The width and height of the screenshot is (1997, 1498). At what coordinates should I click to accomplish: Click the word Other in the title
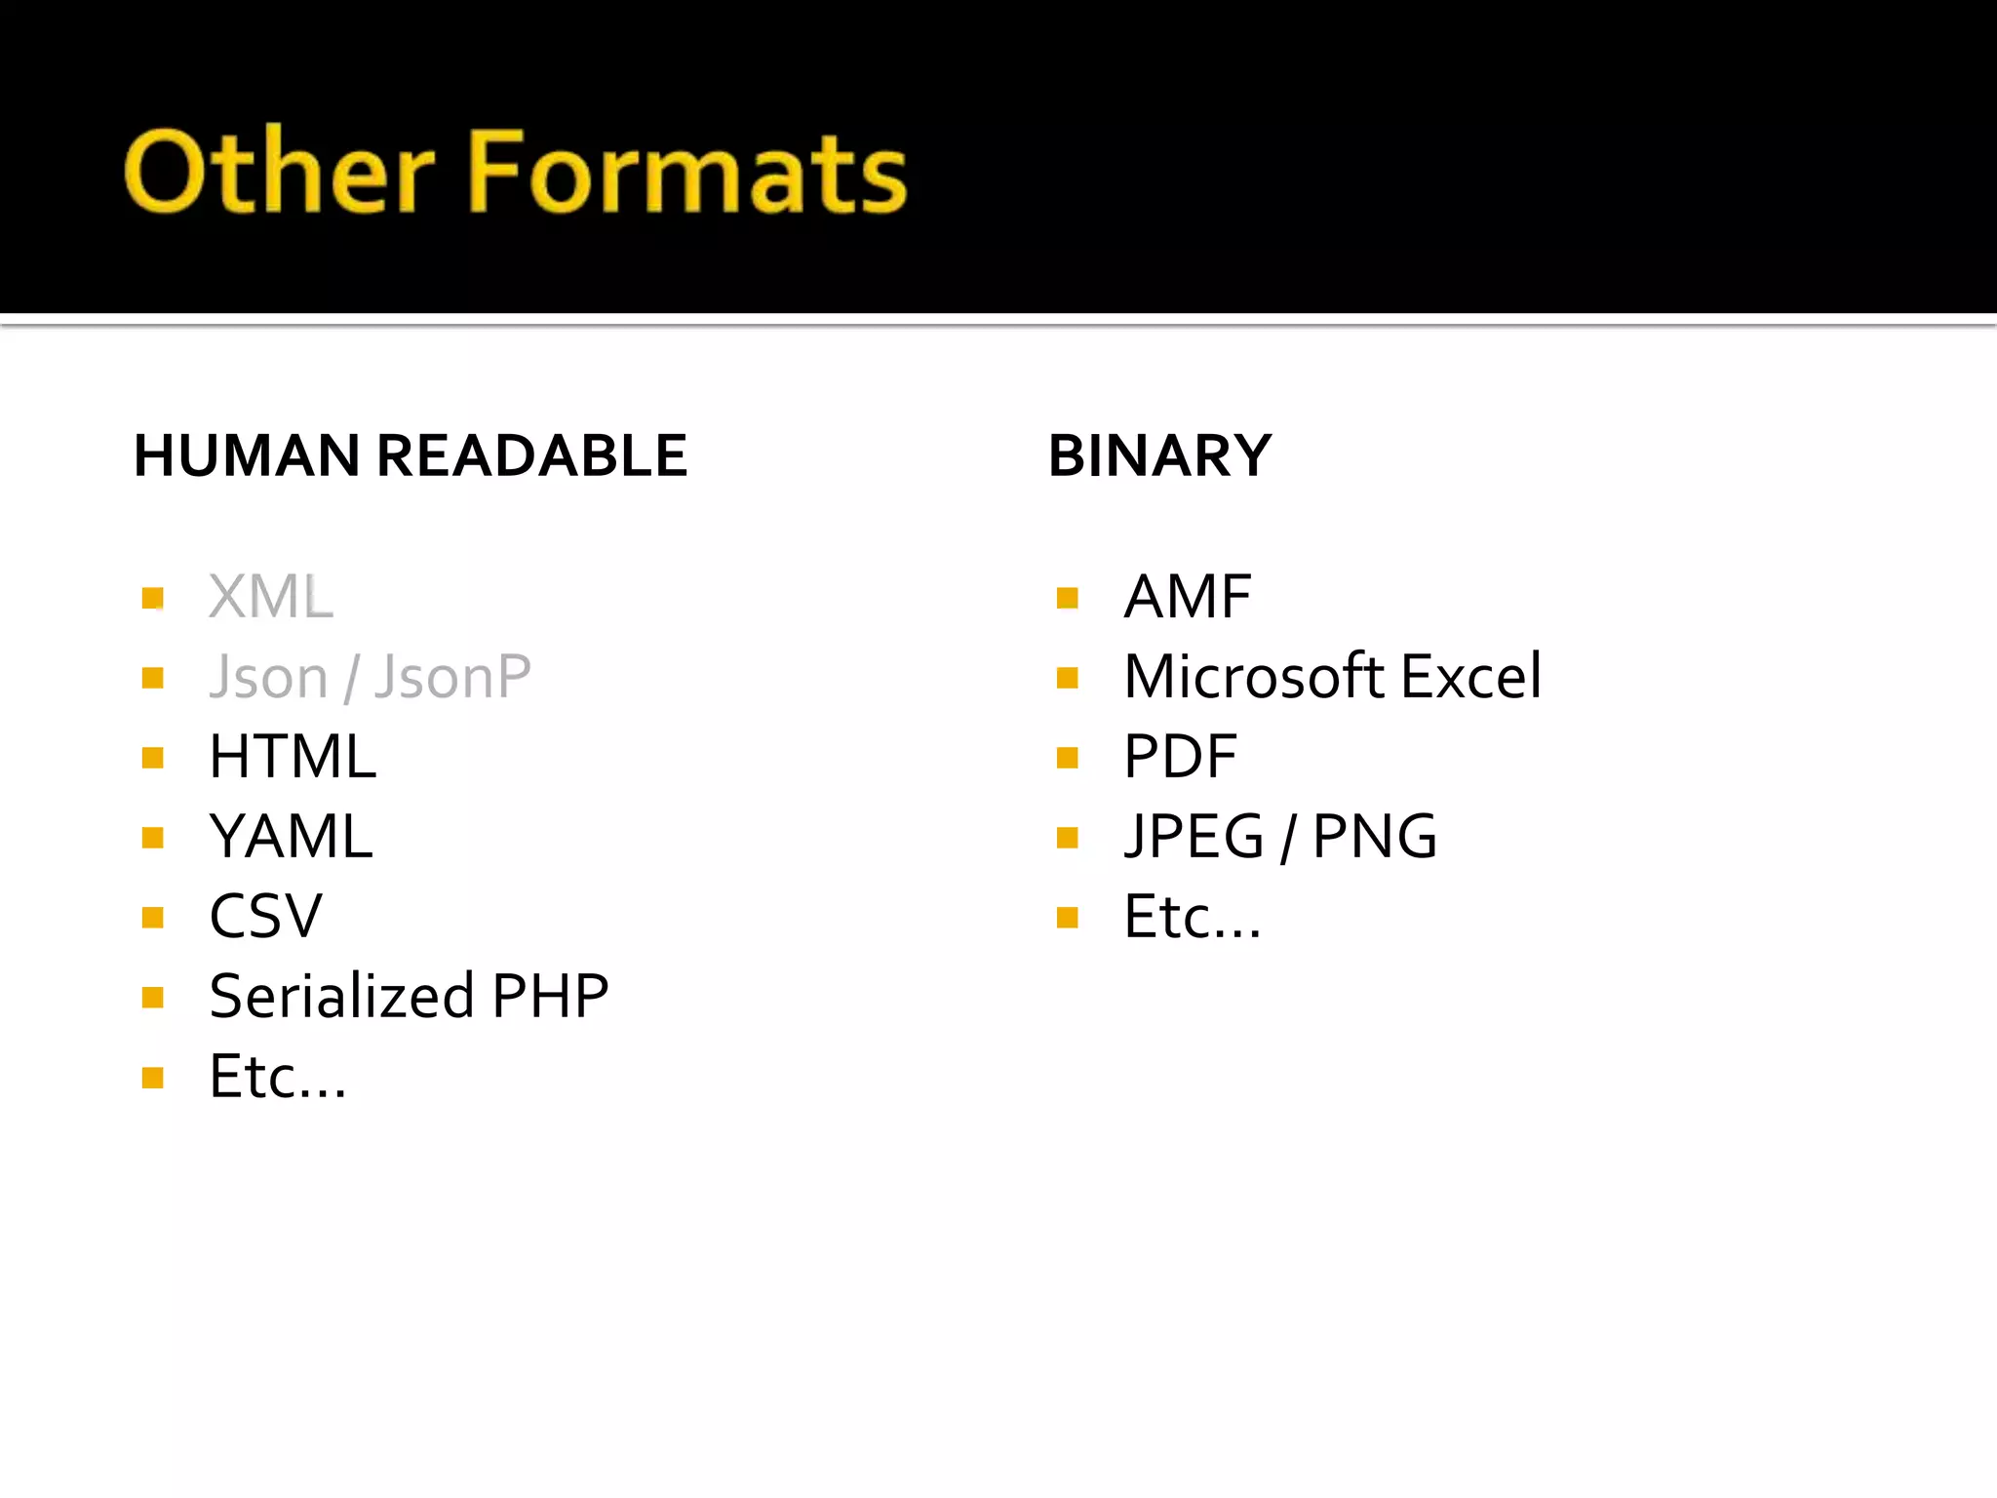pyautogui.click(x=279, y=172)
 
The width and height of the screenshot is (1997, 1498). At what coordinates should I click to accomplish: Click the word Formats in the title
pyautogui.click(x=687, y=172)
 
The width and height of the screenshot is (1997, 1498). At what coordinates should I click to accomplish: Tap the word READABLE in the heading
pyautogui.click(x=531, y=455)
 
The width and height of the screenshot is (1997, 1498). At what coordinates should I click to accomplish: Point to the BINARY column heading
pyautogui.click(x=1159, y=455)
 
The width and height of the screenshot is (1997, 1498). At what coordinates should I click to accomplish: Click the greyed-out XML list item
pyautogui.click(x=271, y=597)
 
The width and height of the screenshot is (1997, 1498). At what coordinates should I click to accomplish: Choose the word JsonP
pyautogui.click(x=453, y=677)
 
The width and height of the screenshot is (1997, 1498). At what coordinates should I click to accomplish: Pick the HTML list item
pyautogui.click(x=293, y=757)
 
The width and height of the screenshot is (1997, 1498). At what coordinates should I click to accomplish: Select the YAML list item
pyautogui.click(x=291, y=837)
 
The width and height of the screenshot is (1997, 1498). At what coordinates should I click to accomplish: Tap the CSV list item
pyautogui.click(x=265, y=917)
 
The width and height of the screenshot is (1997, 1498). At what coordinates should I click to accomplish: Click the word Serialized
pyautogui.click(x=342, y=997)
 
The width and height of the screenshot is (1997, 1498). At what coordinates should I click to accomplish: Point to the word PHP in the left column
pyautogui.click(x=551, y=997)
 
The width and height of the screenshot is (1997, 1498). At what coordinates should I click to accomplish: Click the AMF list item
pyautogui.click(x=1187, y=597)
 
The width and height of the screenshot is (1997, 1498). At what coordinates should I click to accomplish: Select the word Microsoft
pyautogui.click(x=1254, y=677)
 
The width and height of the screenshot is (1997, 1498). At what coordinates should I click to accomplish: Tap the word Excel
pyautogui.click(x=1471, y=677)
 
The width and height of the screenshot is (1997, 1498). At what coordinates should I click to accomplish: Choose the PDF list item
pyautogui.click(x=1180, y=757)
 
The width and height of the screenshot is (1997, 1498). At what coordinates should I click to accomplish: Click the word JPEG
pyautogui.click(x=1194, y=837)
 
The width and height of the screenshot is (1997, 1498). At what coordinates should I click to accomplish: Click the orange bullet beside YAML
pyautogui.click(x=152, y=838)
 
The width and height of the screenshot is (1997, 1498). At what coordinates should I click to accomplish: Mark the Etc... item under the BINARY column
pyautogui.click(x=1192, y=918)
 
